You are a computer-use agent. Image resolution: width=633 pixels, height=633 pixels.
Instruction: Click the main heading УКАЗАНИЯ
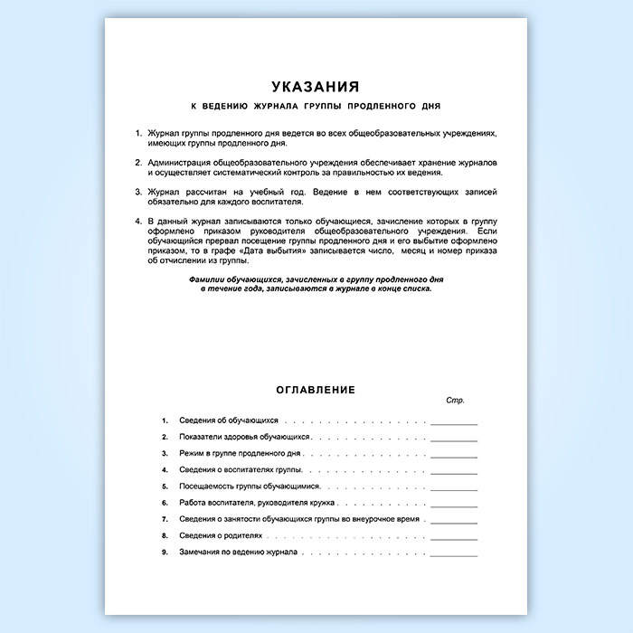(316, 87)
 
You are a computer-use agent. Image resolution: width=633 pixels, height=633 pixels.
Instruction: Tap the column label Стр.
(455, 400)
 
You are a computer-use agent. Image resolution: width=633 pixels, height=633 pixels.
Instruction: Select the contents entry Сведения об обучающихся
(230, 421)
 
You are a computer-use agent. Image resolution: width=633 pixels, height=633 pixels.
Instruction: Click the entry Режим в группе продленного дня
(240, 454)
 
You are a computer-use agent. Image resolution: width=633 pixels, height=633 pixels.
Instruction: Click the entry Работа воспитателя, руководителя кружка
(258, 503)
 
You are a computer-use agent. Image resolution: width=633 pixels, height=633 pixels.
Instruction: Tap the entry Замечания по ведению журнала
(239, 552)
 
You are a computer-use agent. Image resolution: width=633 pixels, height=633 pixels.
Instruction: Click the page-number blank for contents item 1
(454, 421)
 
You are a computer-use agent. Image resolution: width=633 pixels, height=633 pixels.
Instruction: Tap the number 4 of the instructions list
(137, 222)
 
